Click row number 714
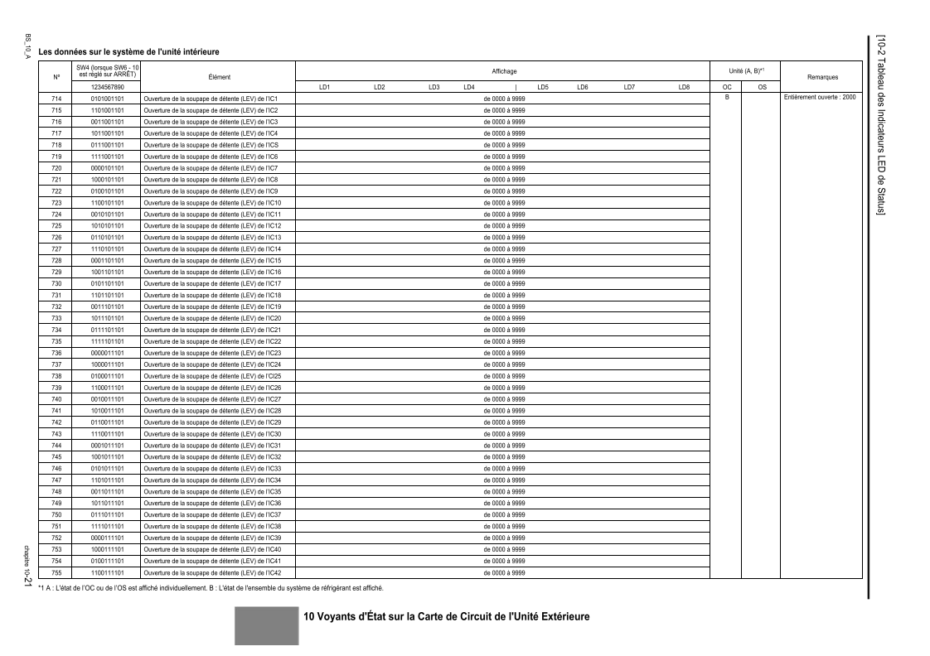click(57, 99)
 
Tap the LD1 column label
click(325, 87)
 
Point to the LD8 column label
click(684, 87)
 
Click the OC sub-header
click(726, 87)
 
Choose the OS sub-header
click(762, 87)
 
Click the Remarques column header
click(821, 77)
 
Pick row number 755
click(57, 572)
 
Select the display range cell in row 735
click(504, 341)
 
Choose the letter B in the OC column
click(726, 99)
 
